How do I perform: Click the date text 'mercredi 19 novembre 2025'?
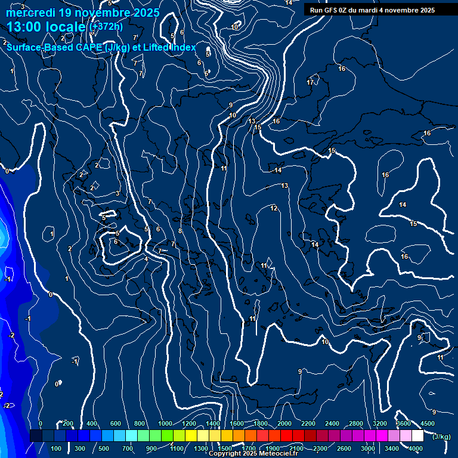[x=83, y=13]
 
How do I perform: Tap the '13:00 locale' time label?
[x=47, y=27]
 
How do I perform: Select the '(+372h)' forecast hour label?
[x=106, y=26]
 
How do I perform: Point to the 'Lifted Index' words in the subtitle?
[x=169, y=48]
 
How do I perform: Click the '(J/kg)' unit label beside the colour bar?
[x=441, y=437]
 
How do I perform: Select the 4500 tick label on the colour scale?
[x=428, y=423]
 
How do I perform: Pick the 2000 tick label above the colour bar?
[x=284, y=423]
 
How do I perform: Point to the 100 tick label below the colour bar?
[x=57, y=448]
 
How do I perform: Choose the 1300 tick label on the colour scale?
[x=200, y=448]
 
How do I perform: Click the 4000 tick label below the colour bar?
[x=416, y=448]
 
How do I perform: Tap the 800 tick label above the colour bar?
[x=141, y=423]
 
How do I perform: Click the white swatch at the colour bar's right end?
[x=417, y=436]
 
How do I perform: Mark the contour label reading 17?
[x=310, y=82]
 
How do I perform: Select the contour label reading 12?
[x=274, y=208]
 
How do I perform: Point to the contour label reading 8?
[x=180, y=231]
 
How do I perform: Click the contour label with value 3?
[x=117, y=193]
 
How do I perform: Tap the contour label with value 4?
[x=146, y=259]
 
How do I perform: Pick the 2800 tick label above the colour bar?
[x=356, y=423]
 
